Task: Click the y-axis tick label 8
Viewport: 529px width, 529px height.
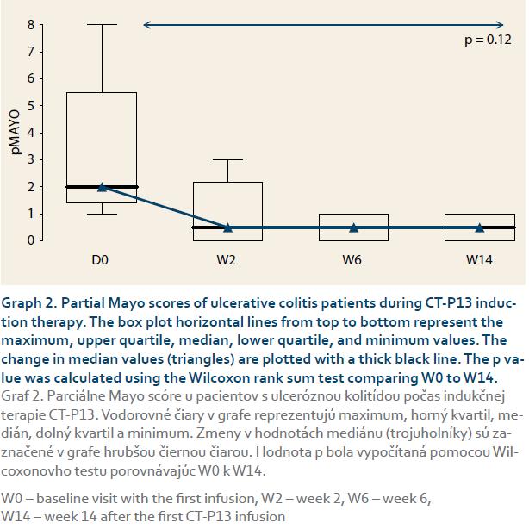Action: [31, 25]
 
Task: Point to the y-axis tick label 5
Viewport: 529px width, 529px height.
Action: [31, 106]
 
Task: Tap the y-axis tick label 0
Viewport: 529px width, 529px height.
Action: [31, 240]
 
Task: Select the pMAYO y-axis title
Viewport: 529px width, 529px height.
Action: [16, 132]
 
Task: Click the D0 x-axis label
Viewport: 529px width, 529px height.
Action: [100, 260]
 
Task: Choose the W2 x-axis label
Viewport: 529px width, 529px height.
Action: [226, 260]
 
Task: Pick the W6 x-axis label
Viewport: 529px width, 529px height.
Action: [352, 260]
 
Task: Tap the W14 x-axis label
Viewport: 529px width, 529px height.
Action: [479, 260]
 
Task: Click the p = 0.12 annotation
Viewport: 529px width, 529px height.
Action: [488, 40]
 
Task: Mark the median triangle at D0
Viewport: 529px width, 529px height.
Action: [102, 187]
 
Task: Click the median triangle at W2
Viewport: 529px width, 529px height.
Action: [228, 227]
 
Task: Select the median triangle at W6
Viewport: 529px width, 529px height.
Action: [353, 227]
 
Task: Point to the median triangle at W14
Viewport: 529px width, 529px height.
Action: [479, 227]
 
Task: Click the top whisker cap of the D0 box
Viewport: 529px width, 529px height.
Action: [102, 25]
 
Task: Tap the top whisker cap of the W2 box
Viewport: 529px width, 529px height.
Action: [228, 159]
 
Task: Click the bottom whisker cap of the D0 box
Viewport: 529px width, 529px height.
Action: [102, 214]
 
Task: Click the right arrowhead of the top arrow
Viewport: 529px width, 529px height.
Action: [500, 25]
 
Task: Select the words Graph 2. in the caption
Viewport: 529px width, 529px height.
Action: [29, 303]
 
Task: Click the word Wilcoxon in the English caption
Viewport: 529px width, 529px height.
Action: [218, 378]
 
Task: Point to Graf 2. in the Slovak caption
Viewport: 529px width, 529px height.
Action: [22, 396]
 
